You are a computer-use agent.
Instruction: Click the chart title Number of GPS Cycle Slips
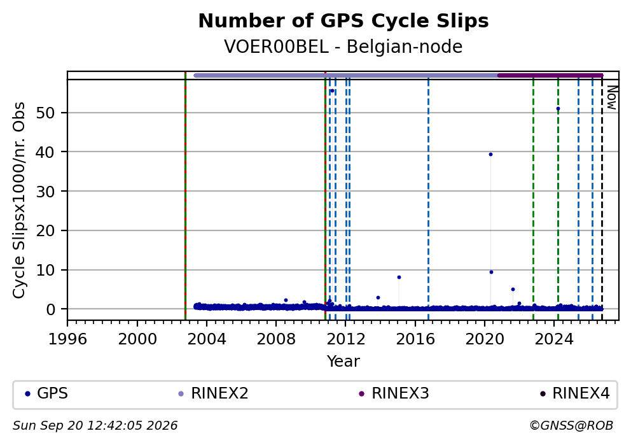tap(343, 22)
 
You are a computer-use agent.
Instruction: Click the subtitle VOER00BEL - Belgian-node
tap(343, 47)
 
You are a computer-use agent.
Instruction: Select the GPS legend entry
tap(46, 393)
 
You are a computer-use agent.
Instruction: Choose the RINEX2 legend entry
tap(213, 393)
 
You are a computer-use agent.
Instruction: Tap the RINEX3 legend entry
tap(394, 393)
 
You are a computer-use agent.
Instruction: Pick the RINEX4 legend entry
tap(574, 393)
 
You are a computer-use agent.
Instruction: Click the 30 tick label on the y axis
tap(45, 192)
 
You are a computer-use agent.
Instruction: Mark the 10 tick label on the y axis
tap(45, 270)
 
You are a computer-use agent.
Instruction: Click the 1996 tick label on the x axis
tap(67, 339)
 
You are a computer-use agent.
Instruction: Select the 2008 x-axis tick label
tap(276, 339)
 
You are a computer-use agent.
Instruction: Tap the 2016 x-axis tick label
tap(415, 339)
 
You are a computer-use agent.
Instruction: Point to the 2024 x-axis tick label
tap(554, 339)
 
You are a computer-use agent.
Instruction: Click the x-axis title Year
tap(343, 361)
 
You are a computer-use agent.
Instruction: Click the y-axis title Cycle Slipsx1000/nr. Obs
tap(19, 200)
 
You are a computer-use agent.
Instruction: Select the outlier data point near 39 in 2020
tap(490, 155)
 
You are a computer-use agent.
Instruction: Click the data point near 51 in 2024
tap(558, 109)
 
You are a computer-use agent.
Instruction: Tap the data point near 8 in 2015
tap(399, 278)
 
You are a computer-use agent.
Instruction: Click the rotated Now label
tap(611, 97)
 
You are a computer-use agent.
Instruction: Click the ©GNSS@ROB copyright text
tap(571, 426)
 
